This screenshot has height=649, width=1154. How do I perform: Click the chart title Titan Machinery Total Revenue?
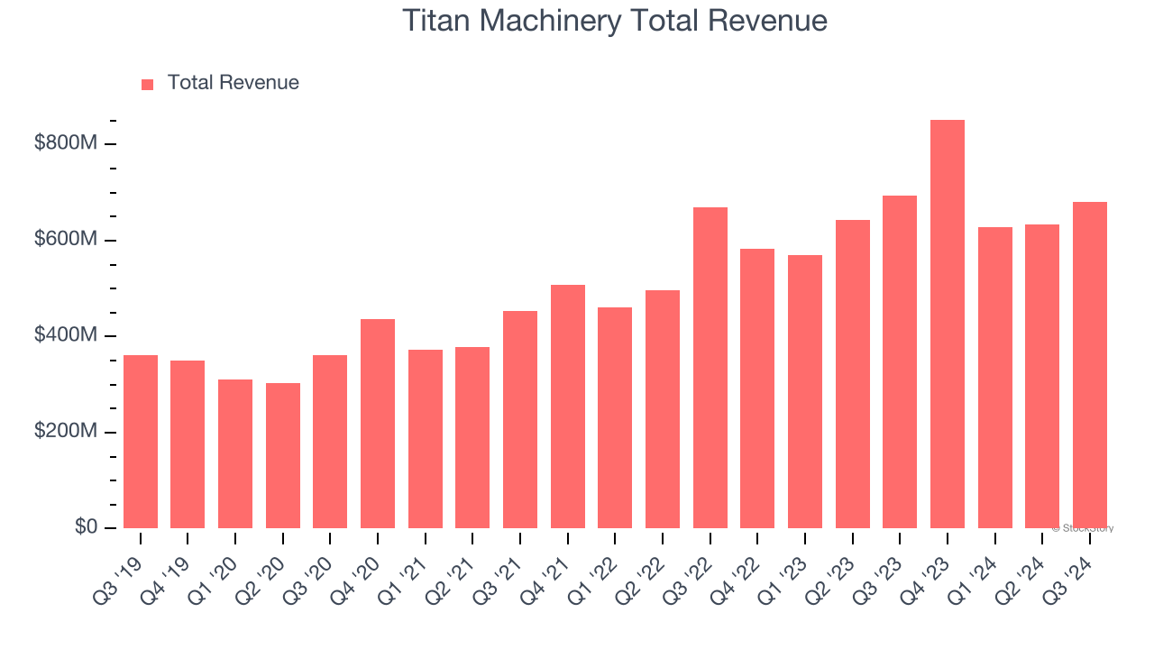point(614,21)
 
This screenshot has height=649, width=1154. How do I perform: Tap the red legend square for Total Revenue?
point(148,84)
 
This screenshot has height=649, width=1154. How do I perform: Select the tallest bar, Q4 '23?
point(947,324)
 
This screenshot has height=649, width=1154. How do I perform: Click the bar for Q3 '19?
point(141,442)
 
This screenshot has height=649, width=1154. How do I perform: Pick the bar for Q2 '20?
point(283,455)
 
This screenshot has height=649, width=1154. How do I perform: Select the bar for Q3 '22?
point(710,368)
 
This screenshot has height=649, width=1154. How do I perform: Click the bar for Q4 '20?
point(378,424)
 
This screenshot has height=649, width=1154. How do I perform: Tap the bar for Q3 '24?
point(1089,365)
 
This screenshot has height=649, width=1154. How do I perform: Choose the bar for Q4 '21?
point(567,407)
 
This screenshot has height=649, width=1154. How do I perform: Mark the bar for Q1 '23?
point(805,392)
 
